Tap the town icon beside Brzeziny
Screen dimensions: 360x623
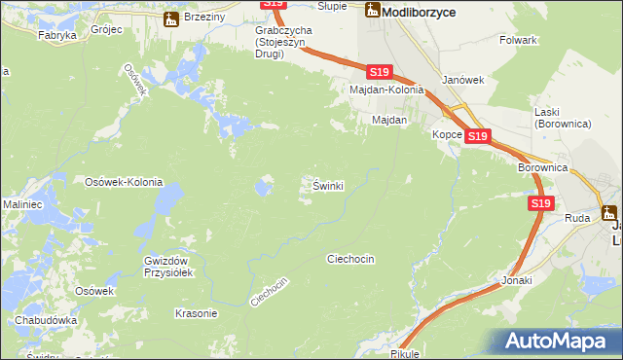172,18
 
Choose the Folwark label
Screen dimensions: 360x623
518,40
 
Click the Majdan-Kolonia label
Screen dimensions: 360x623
388,90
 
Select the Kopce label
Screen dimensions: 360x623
448,135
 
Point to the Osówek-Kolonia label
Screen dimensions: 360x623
124,182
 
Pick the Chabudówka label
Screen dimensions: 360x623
46,320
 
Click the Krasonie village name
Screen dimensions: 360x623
196,313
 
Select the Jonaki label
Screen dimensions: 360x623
518,280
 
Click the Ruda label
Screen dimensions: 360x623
577,218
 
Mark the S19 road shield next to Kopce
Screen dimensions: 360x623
476,137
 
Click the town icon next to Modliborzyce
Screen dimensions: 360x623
372,10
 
